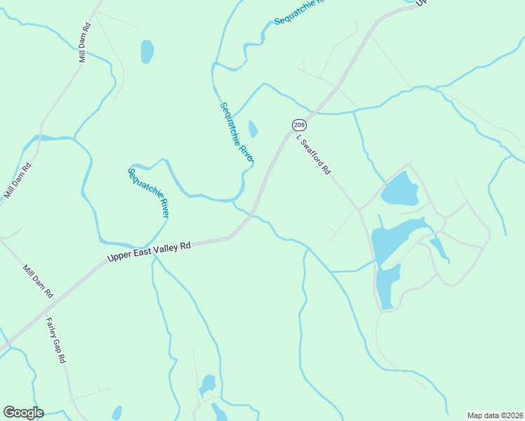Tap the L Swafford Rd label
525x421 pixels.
(313, 154)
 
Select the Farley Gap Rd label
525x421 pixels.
(55, 340)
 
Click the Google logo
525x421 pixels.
(23, 413)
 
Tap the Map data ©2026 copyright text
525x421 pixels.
(495, 415)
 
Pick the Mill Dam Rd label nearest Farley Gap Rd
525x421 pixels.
(38, 281)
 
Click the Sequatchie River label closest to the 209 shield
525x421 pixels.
(237, 133)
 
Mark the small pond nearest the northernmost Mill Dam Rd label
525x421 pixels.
(147, 51)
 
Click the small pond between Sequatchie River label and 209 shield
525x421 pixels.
(253, 129)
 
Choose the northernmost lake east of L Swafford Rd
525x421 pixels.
(399, 188)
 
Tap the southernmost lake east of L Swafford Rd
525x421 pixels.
(387, 286)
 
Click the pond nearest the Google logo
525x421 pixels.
(117, 413)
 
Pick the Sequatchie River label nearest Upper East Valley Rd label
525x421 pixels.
(149, 192)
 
